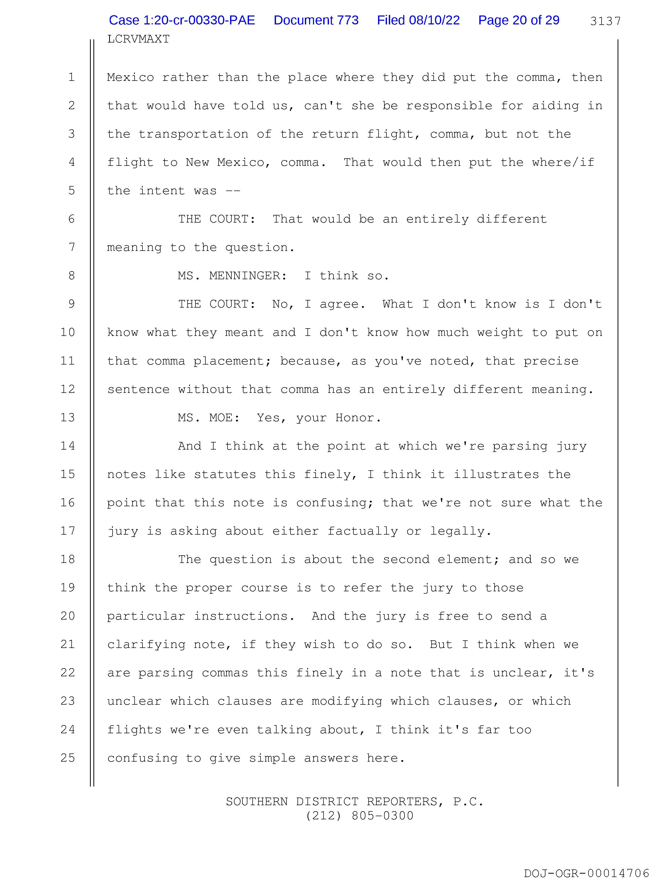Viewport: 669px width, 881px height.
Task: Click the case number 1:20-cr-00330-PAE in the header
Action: pyautogui.click(x=182, y=20)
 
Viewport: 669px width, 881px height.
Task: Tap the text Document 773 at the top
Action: pyautogui.click(x=316, y=20)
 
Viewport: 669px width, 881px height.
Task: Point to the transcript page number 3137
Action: pyautogui.click(x=605, y=21)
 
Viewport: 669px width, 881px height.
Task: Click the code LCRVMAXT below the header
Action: pyautogui.click(x=138, y=39)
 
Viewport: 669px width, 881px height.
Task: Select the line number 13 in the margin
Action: pyautogui.click(x=68, y=417)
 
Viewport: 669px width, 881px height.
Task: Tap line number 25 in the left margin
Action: pyautogui.click(x=68, y=758)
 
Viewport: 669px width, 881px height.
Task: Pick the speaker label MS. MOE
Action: pyautogui.click(x=209, y=417)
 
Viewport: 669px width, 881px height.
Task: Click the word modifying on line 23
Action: pyautogui.click(x=347, y=701)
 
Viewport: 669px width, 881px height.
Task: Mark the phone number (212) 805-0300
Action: pyautogui.click(x=359, y=816)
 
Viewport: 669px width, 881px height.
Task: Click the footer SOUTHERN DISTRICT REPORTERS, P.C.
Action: pyautogui.click(x=354, y=801)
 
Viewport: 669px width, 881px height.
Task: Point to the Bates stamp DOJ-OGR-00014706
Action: pyautogui.click(x=586, y=873)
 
